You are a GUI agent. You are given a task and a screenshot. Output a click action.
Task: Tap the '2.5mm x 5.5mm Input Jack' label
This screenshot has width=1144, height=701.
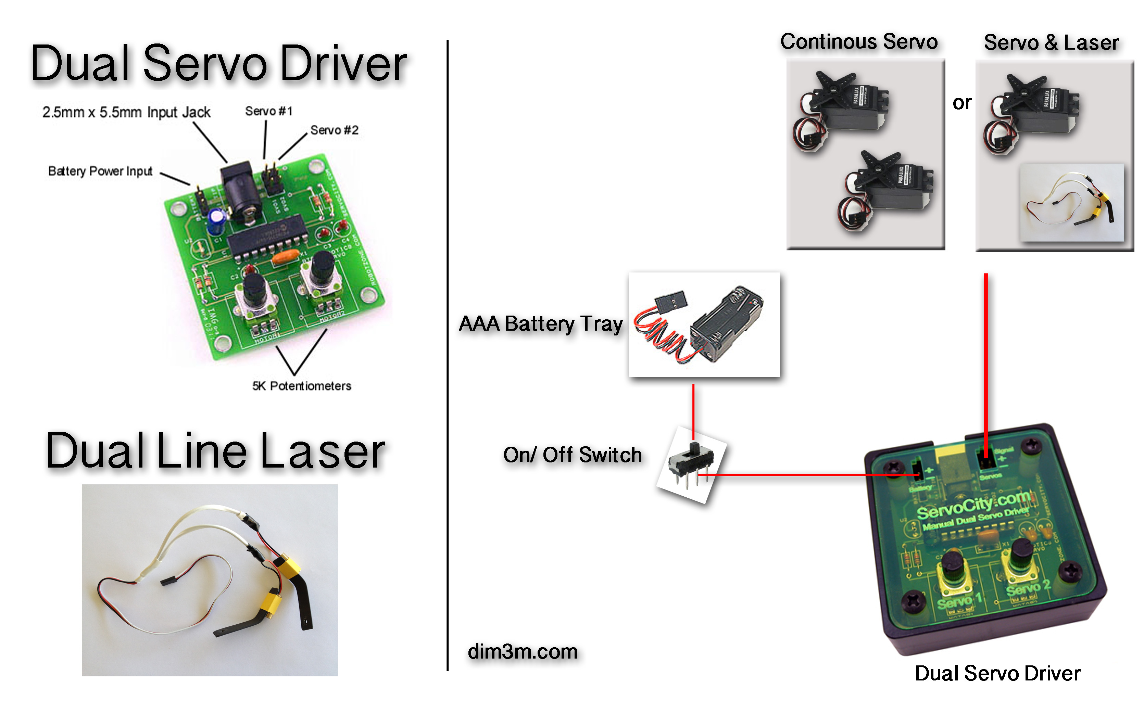pyautogui.click(x=126, y=112)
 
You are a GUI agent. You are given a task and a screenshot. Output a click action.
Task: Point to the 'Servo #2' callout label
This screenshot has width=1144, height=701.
pyautogui.click(x=334, y=130)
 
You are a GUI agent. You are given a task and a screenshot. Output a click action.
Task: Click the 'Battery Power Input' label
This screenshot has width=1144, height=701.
pyautogui.click(x=100, y=171)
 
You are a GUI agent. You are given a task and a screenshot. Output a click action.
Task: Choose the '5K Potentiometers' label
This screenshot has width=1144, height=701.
pyautogui.click(x=302, y=386)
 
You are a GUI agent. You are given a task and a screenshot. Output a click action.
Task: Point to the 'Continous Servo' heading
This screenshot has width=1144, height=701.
pyautogui.click(x=859, y=42)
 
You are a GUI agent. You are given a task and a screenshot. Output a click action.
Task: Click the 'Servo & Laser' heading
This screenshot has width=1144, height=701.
pyautogui.click(x=1051, y=43)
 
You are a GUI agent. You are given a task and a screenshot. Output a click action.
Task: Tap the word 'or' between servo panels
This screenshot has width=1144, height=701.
pyautogui.click(x=962, y=103)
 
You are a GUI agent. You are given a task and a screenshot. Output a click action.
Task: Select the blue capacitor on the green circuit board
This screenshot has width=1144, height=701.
pyautogui.click(x=217, y=221)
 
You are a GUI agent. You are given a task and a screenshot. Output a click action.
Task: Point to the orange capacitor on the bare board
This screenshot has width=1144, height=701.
pyautogui.click(x=286, y=257)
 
